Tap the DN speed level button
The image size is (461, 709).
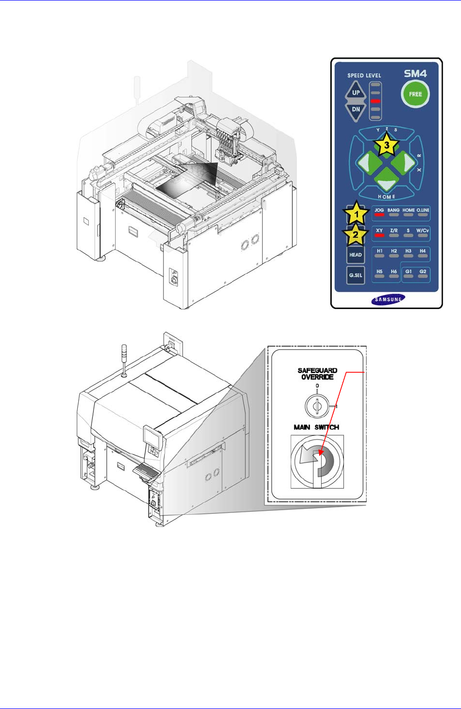pos(356,110)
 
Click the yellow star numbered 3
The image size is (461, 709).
pos(386,145)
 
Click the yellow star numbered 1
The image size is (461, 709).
pos(356,213)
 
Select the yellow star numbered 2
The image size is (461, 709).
pos(355,235)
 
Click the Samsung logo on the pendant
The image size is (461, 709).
pos(388,299)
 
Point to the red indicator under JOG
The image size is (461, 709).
pos(379,215)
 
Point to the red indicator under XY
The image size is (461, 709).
pos(379,236)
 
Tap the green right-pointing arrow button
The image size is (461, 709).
pos(403,162)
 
